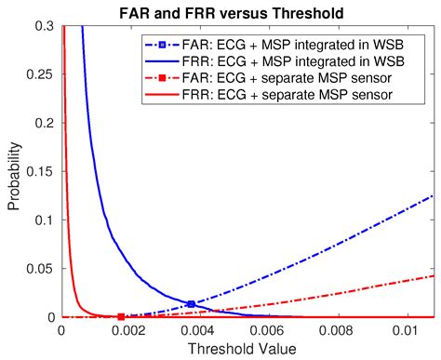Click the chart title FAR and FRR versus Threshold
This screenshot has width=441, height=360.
coord(232,13)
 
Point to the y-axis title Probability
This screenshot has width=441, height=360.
coord(14,177)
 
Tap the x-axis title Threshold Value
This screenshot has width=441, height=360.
coord(242,349)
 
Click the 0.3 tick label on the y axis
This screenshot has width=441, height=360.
coord(45,26)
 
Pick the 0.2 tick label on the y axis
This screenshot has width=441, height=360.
coord(45,123)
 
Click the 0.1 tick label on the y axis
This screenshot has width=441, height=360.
coord(45,220)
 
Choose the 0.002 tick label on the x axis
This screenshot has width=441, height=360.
coord(128,331)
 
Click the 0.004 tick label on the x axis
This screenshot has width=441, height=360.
coord(198,331)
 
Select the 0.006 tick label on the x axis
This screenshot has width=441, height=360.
coord(267,331)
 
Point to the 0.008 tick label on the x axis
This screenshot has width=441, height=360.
coord(337,331)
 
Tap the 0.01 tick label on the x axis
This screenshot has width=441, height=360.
coord(406,331)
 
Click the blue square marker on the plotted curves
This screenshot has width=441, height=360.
coord(192,304)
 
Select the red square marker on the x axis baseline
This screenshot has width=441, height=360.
coord(121,317)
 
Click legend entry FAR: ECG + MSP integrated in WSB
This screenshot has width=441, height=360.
coord(274,45)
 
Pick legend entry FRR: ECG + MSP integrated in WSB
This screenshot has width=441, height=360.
coord(274,61)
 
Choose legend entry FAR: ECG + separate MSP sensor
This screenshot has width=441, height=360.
coord(268,78)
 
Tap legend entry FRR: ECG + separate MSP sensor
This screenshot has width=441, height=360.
coord(269,95)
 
